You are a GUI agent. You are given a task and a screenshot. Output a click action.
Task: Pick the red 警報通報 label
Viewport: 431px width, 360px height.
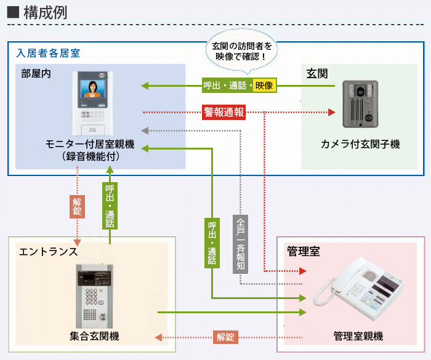(224, 112)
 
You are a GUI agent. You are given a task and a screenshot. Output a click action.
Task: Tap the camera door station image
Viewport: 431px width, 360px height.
(360, 105)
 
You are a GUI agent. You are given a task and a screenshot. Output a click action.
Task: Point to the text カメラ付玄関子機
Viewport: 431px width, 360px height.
(360, 145)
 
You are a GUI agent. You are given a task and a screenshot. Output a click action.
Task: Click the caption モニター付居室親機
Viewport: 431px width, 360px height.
(91, 146)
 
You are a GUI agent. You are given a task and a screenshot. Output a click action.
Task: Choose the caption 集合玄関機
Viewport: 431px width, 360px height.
(94, 336)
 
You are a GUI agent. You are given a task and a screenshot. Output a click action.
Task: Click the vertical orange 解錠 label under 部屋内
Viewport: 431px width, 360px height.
(77, 206)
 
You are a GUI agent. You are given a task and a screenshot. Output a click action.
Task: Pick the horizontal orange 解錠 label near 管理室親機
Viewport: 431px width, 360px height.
(225, 337)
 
